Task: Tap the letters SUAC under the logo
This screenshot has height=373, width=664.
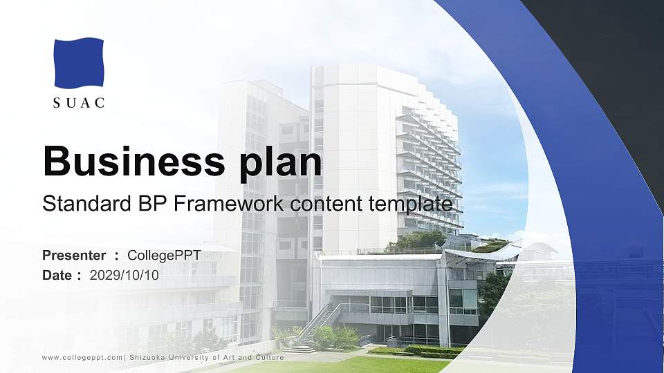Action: click(79, 104)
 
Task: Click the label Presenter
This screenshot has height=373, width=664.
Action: click(74, 256)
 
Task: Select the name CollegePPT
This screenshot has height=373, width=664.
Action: click(164, 256)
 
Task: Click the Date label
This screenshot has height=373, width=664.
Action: click(57, 276)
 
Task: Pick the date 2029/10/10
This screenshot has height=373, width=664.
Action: click(124, 276)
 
